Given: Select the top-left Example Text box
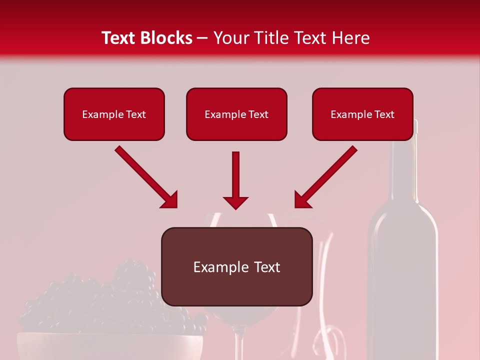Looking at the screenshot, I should [114, 114].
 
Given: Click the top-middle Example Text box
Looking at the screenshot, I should [236, 114].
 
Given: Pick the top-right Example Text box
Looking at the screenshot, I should [362, 114].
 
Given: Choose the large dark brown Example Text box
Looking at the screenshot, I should [237, 266].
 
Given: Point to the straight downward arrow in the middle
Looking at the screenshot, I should [235, 180].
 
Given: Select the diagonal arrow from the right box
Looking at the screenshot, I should [325, 177].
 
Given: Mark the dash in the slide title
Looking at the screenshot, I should [203, 38].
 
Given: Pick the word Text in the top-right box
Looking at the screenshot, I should [384, 114].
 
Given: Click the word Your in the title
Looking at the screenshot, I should [230, 38].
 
